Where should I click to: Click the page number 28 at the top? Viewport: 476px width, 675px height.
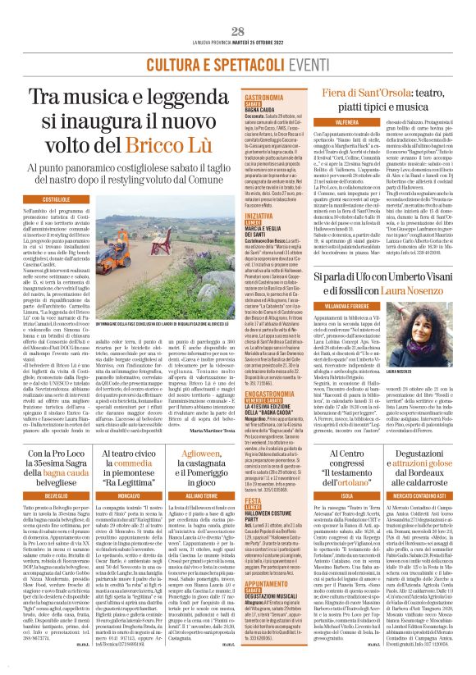(238, 31)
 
